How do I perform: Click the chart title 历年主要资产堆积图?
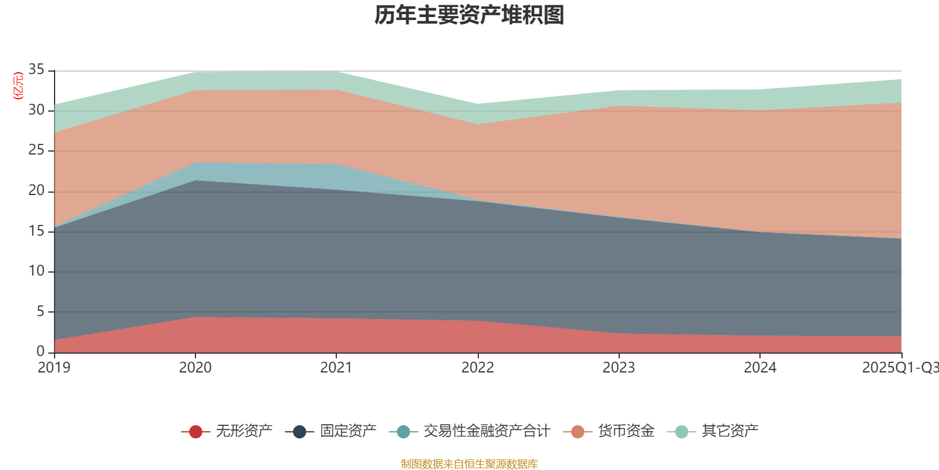469,15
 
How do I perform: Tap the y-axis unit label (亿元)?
18,86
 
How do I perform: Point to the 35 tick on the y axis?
36,70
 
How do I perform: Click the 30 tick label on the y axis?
36,110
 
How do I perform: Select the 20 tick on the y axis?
36,191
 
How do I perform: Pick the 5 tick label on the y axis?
40,311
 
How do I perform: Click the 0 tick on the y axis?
40,351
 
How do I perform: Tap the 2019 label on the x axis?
54,368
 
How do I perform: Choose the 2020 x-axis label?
195,368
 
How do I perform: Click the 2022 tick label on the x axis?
478,368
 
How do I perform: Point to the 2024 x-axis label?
760,368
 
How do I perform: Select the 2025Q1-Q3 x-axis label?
900,368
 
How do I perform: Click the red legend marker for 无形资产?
195,432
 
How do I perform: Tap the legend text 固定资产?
348,432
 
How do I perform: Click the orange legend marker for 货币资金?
577,432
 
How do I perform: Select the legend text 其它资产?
730,432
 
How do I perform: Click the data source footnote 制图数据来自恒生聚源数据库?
469,464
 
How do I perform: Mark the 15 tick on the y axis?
36,231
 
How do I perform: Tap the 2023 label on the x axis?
619,368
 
